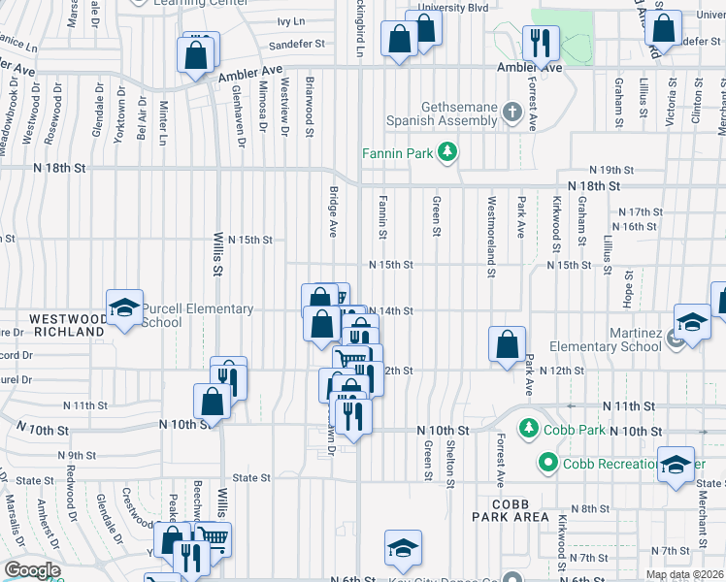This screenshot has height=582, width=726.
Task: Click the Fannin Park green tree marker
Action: pyautogui.click(x=447, y=151)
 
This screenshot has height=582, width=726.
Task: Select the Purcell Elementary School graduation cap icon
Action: pyautogui.click(x=124, y=308)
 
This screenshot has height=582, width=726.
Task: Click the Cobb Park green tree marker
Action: pyautogui.click(x=528, y=427)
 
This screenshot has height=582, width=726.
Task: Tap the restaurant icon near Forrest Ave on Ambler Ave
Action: pyautogui.click(x=537, y=42)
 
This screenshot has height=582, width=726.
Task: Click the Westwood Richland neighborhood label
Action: pyautogui.click(x=66, y=325)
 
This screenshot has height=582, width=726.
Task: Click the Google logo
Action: pyautogui.click(x=32, y=570)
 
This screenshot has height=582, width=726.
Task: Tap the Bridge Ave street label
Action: pyautogui.click(x=332, y=213)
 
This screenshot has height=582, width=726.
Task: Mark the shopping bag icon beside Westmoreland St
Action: pyautogui.click(x=508, y=344)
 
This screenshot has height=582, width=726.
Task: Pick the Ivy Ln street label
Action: pyautogui.click(x=290, y=20)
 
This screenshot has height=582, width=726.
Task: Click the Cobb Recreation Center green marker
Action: pyautogui.click(x=549, y=464)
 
